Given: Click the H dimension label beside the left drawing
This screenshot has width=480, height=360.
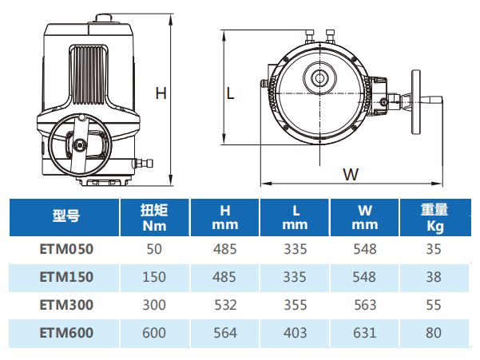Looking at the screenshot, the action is pyautogui.click(x=161, y=93).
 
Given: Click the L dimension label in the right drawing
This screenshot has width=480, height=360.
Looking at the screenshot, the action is pyautogui.click(x=230, y=93).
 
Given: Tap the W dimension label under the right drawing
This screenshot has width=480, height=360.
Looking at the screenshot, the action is pyautogui.click(x=351, y=174).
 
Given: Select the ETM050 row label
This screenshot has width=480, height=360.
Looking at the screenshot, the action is pyautogui.click(x=66, y=249).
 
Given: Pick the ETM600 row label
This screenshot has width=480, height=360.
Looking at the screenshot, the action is pyautogui.click(x=66, y=333).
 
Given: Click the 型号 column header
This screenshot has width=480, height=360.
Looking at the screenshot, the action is pyautogui.click(x=66, y=216).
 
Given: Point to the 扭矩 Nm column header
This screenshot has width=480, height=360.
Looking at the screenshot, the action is pyautogui.click(x=154, y=218).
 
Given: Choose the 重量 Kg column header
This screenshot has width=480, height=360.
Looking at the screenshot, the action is pyautogui.click(x=434, y=218).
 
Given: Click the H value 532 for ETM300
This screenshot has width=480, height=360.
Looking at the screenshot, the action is pyautogui.click(x=225, y=305).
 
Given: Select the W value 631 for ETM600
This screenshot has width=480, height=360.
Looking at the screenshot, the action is pyautogui.click(x=364, y=333).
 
